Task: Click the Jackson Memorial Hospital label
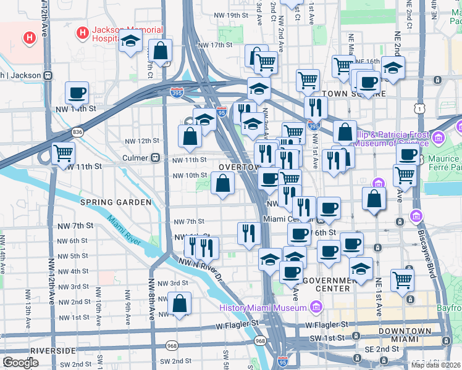click(127, 35)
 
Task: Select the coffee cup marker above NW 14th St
click(77, 93)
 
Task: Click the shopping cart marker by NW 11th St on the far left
click(63, 153)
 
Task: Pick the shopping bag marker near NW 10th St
click(222, 183)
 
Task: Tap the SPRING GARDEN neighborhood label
click(115, 202)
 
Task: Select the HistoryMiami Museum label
click(262, 308)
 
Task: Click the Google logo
click(20, 363)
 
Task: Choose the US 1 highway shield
click(421, 109)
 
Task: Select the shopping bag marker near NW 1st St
click(179, 304)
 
